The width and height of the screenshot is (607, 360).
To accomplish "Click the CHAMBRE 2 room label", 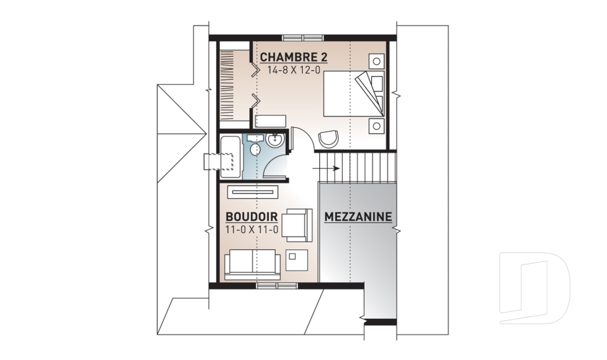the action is pyautogui.click(x=293, y=57).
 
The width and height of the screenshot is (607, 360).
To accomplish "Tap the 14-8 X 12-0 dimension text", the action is pyautogui.click(x=293, y=70).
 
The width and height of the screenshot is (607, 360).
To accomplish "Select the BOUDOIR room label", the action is pyautogui.click(x=252, y=216).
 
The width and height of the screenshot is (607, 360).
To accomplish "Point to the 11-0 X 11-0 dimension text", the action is pyautogui.click(x=252, y=230).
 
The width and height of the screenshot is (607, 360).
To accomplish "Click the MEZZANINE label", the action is pyautogui.click(x=358, y=217).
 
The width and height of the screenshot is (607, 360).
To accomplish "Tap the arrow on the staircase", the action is pyautogui.click(x=326, y=168).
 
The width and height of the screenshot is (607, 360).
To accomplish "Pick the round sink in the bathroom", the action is pyautogui.click(x=275, y=140).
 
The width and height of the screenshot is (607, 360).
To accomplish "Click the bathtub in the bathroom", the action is pyautogui.click(x=231, y=156).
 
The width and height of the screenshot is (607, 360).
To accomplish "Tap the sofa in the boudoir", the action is pyautogui.click(x=252, y=264).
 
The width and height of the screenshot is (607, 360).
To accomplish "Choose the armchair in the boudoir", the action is pyautogui.click(x=297, y=225).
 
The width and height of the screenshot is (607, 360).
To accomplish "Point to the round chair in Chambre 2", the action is pyautogui.click(x=329, y=139).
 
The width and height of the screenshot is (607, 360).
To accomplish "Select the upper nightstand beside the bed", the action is pyautogui.click(x=376, y=61).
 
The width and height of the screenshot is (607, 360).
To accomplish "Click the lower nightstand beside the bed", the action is pyautogui.click(x=376, y=126).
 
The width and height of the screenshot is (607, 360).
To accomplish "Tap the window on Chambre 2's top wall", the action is pyautogui.click(x=303, y=37).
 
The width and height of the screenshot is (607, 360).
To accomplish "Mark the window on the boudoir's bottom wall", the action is pyautogui.click(x=277, y=286).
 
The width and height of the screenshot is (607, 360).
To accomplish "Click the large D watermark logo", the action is pyautogui.click(x=534, y=288).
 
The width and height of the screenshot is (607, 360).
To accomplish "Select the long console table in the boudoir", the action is pyautogui.click(x=252, y=191).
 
